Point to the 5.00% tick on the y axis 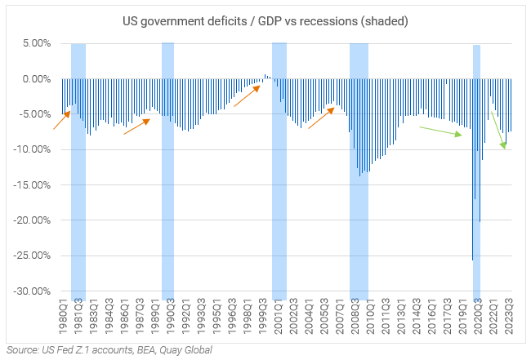tap(37, 43)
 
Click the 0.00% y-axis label tap(37, 79)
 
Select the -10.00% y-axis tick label tap(34, 149)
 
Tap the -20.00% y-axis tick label tap(34, 220)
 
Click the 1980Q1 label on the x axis tap(63, 313)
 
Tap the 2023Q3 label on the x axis tap(509, 313)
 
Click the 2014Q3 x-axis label tap(417, 313)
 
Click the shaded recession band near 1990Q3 tap(167, 171)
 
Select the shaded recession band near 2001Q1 tap(279, 171)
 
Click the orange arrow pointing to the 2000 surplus tap(247, 96)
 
